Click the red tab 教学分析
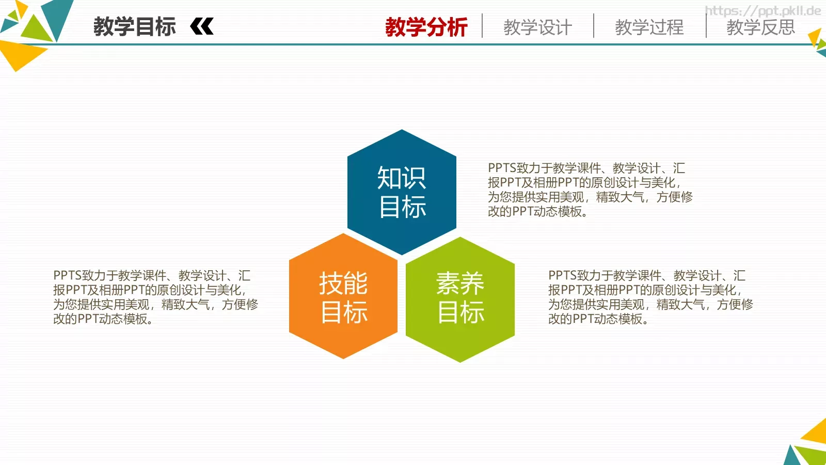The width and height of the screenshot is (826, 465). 426,27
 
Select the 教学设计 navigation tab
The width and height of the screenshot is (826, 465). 537,27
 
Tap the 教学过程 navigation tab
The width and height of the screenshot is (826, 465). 649,27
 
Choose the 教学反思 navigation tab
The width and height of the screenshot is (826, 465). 760,27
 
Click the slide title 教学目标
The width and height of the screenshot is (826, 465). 134,26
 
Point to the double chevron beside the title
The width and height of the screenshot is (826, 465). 202,26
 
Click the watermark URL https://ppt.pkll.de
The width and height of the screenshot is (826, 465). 763,11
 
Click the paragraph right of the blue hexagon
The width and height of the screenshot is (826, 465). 590,190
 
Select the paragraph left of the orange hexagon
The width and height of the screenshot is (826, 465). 155,297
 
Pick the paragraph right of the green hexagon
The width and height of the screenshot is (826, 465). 650,297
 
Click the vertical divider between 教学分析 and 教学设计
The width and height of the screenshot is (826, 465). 482,26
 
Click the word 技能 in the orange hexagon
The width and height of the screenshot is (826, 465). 343,283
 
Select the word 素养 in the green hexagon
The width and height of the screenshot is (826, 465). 460,283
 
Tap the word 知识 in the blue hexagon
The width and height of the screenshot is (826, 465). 402,178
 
